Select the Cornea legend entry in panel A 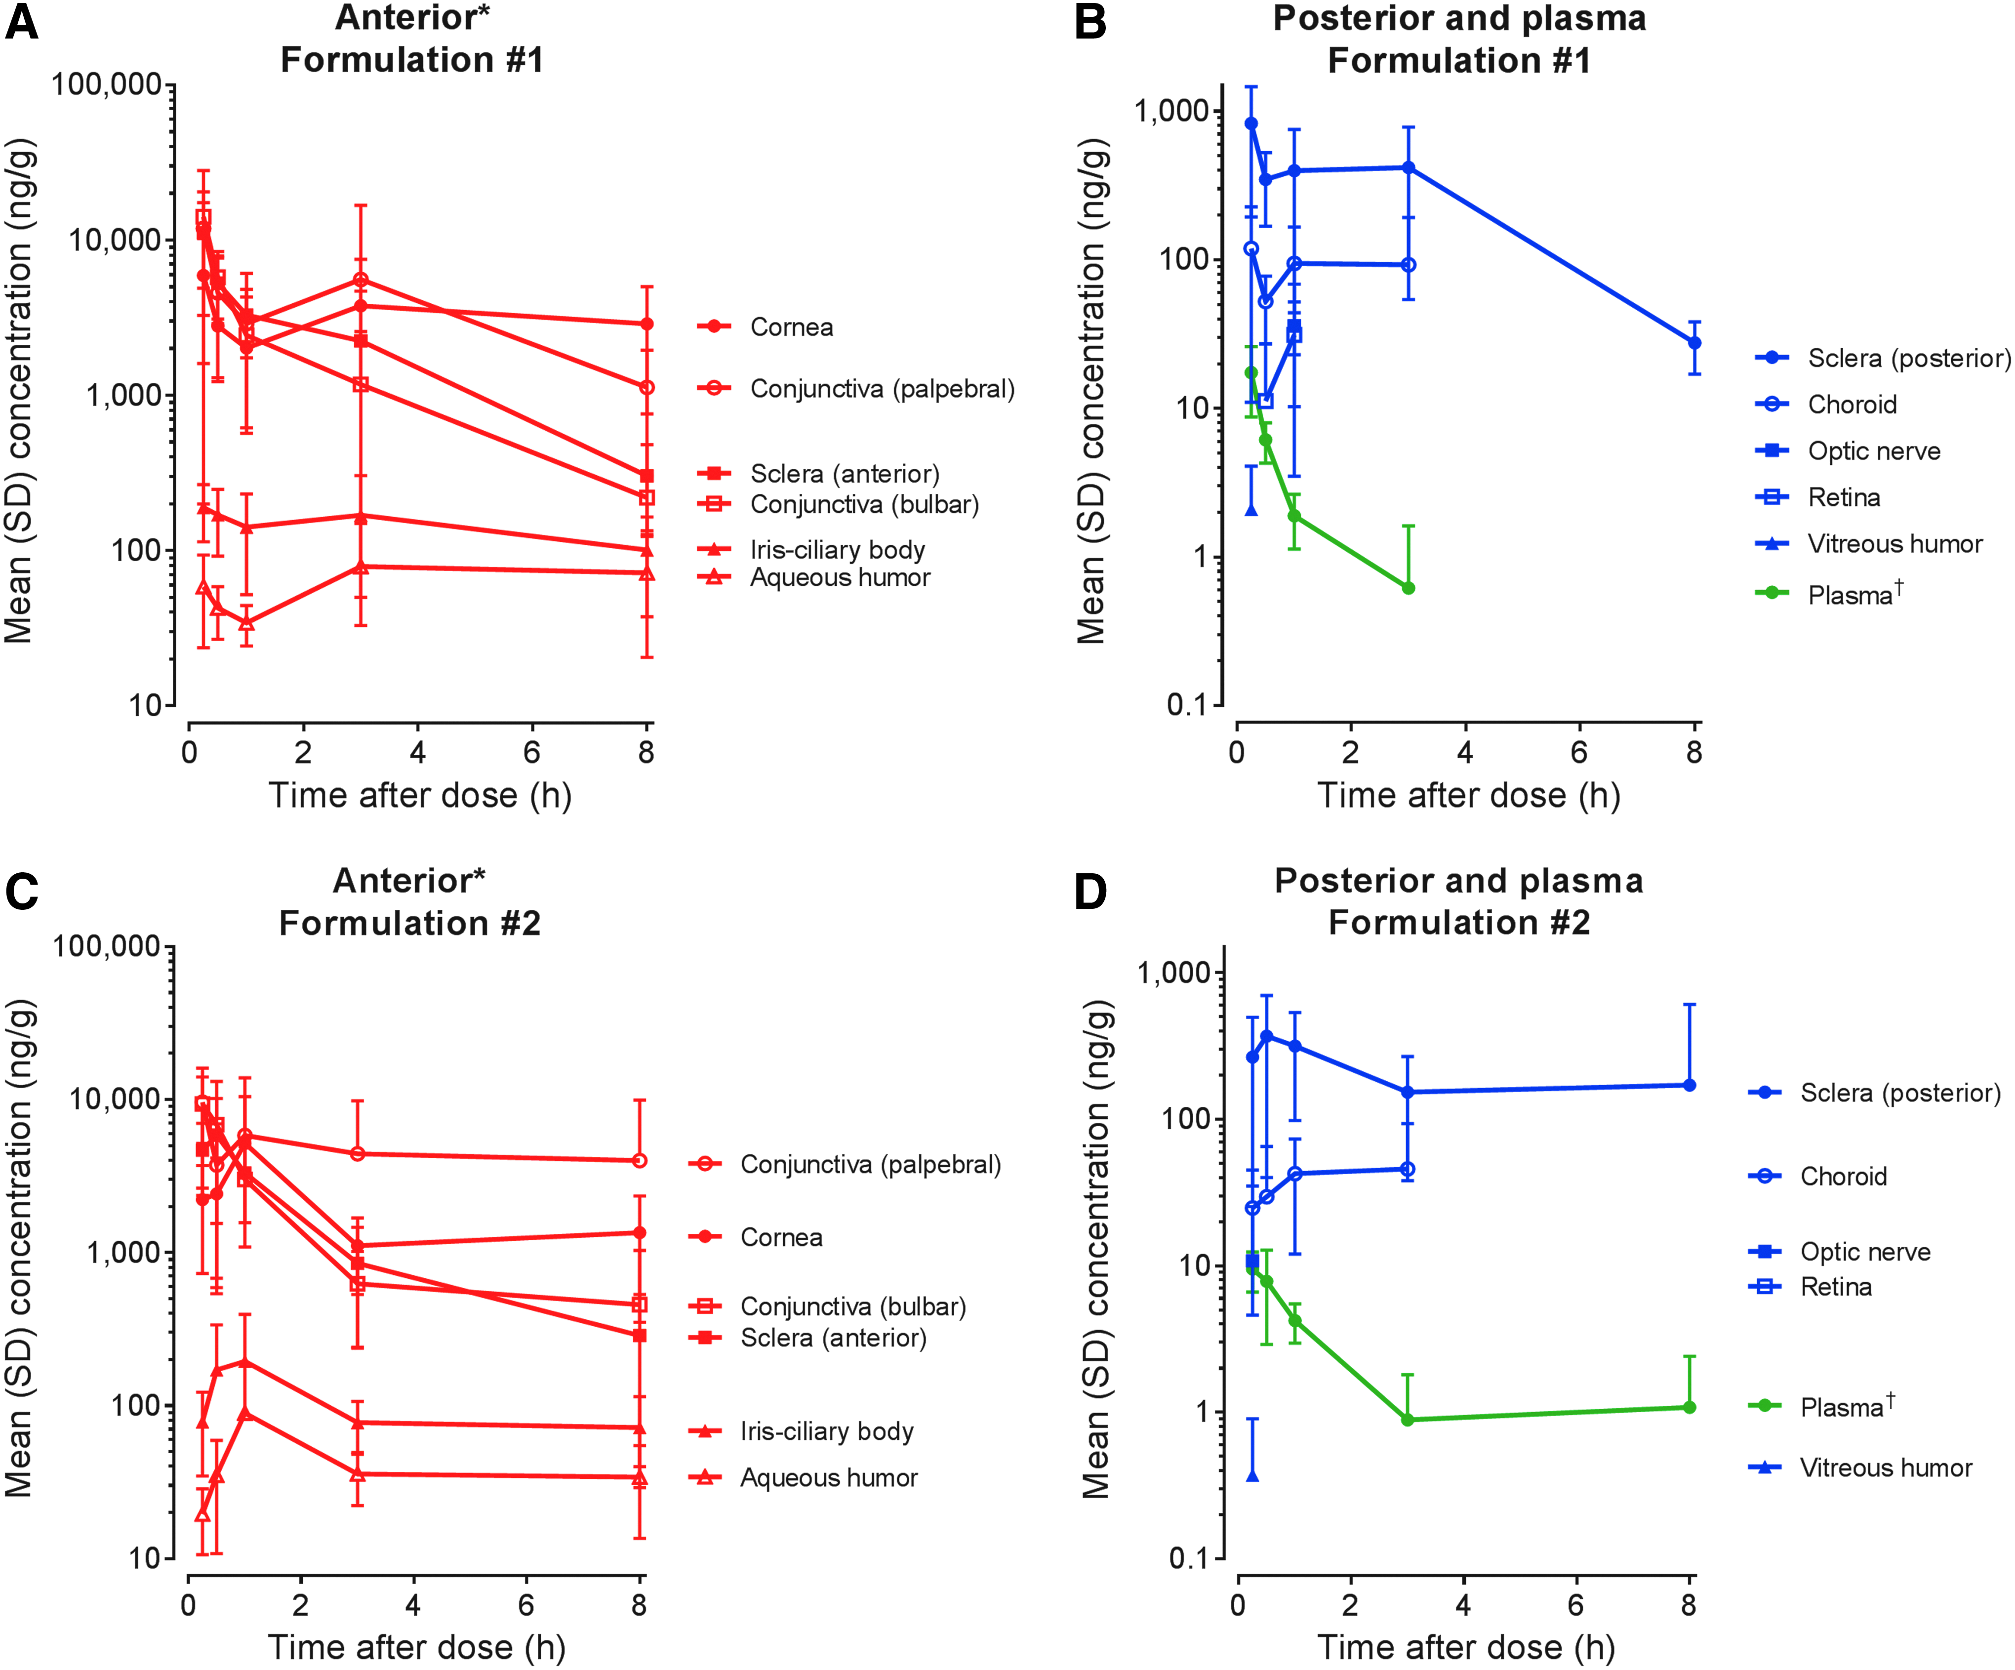tap(765, 327)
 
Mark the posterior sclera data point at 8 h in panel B tap(1694, 343)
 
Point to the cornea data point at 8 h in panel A tap(646, 324)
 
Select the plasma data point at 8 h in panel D tap(1690, 1407)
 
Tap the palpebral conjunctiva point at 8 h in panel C tap(640, 1160)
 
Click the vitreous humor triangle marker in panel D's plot tap(1252, 1474)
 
